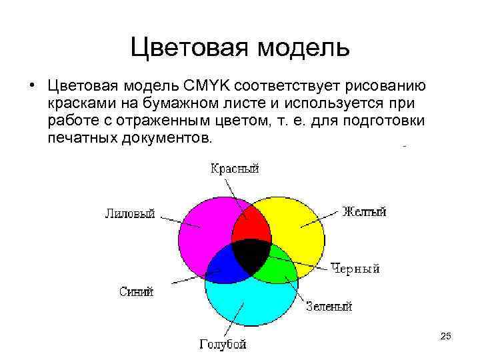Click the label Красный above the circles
pyautogui.click(x=235, y=169)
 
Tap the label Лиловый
pyautogui.click(x=130, y=213)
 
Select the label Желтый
pyautogui.click(x=364, y=212)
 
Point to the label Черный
pyautogui.click(x=355, y=269)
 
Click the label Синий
pyautogui.click(x=137, y=291)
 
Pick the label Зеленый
pyautogui.click(x=329, y=306)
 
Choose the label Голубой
pyautogui.click(x=223, y=344)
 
